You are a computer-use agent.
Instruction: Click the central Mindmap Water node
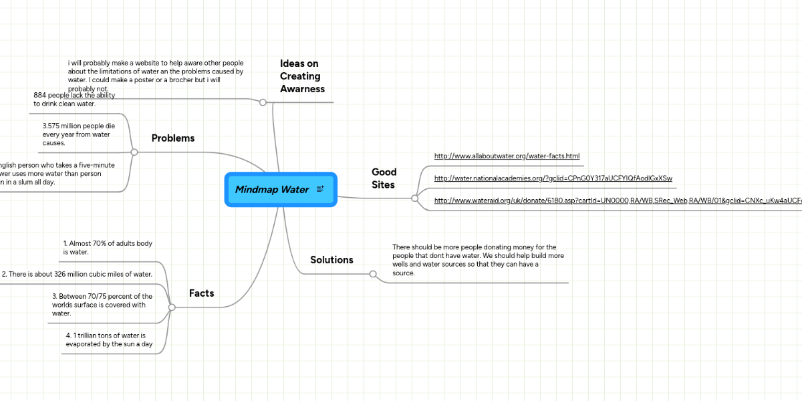[x=272, y=190]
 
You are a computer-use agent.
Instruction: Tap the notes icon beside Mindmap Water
[x=320, y=190]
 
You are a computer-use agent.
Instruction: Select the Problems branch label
[x=172, y=138]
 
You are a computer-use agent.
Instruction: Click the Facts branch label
[x=201, y=293]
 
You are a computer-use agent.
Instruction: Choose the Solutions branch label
[x=331, y=260]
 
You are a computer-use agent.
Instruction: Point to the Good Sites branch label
[x=384, y=178]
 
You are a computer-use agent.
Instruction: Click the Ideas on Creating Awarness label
[x=302, y=76]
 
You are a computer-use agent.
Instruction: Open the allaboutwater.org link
[x=507, y=156]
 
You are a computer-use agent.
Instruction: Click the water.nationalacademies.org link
[x=553, y=178]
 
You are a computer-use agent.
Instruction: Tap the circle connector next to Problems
[x=134, y=152]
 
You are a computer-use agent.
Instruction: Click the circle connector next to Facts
[x=172, y=307]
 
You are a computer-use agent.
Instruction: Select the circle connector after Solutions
[x=374, y=274]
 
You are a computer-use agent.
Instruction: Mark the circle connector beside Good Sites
[x=415, y=198]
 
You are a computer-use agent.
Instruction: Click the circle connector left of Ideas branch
[x=263, y=102]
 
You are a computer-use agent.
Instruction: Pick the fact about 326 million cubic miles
[x=77, y=274]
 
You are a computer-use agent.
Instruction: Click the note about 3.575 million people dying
[x=76, y=134]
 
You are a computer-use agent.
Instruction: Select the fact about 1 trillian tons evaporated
[x=109, y=340]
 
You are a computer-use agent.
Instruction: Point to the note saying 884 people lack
[x=74, y=100]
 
